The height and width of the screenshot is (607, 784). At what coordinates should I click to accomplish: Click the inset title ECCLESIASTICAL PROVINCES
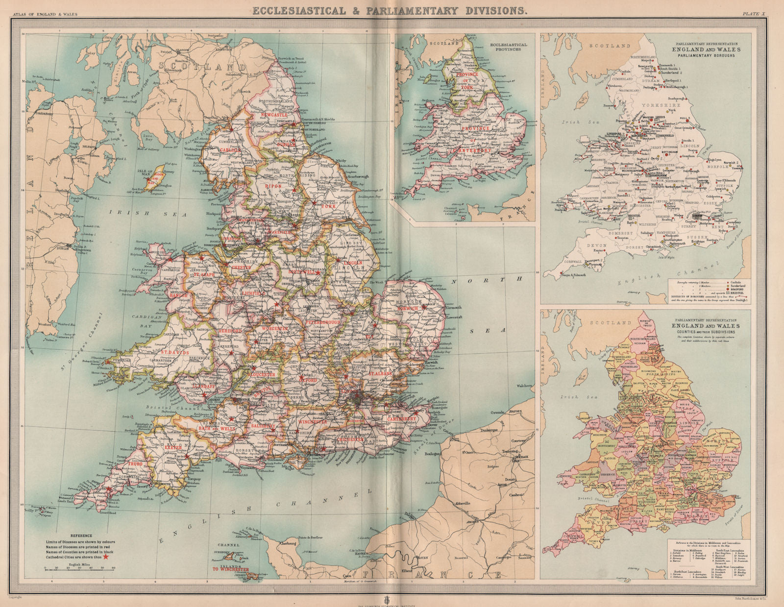[x=508, y=47]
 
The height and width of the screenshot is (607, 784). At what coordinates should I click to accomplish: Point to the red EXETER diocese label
[x=172, y=447]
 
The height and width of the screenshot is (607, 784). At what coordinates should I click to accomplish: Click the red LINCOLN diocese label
[x=353, y=263]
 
